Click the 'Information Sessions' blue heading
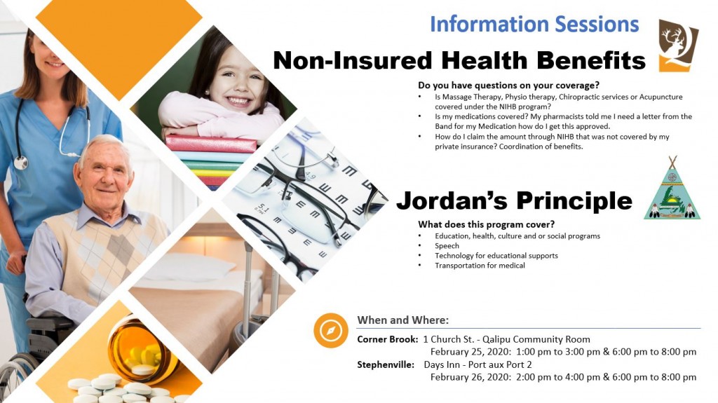[534, 25]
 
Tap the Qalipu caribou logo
[678, 46]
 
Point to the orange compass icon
[331, 330]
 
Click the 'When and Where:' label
[403, 320]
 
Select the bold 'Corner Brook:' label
[387, 339]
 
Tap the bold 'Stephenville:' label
[386, 364]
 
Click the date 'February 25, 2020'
[470, 352]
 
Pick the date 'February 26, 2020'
[470, 377]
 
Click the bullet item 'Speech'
[447, 246]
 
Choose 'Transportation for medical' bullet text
[480, 266]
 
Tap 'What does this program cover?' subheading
[487, 224]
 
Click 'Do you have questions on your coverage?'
[509, 86]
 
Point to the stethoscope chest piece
[20, 163]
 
